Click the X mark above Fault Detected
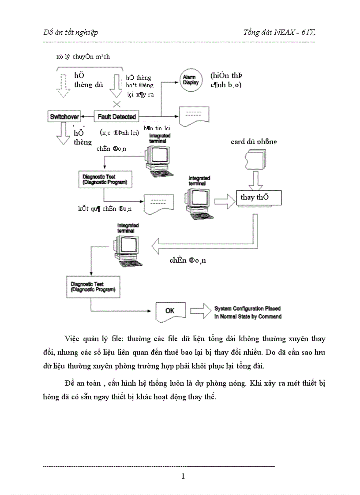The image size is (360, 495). pos(117,104)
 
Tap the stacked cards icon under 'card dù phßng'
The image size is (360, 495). pos(256,160)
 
